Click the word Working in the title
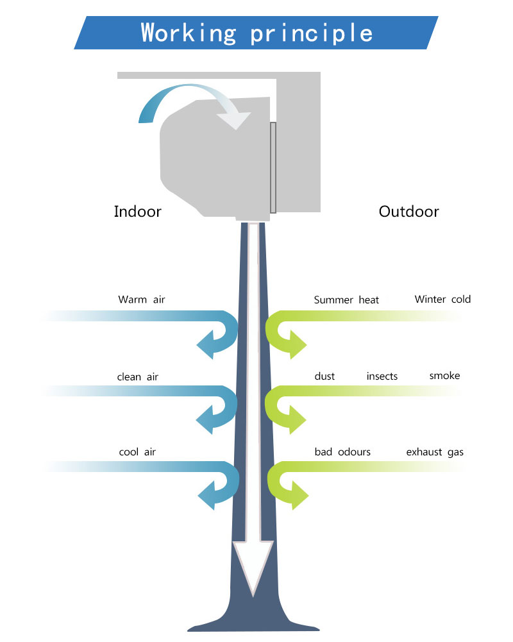(189, 33)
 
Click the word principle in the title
(312, 34)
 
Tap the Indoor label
(138, 212)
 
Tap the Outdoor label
(408, 212)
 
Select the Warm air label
(142, 300)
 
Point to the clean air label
(138, 376)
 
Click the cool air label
(138, 452)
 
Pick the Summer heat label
(346, 300)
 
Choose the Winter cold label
(442, 300)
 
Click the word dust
(324, 376)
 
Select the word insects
(382, 376)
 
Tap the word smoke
(444, 375)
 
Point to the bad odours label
(342, 452)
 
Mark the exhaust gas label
(435, 452)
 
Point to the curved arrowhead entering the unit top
(234, 119)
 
